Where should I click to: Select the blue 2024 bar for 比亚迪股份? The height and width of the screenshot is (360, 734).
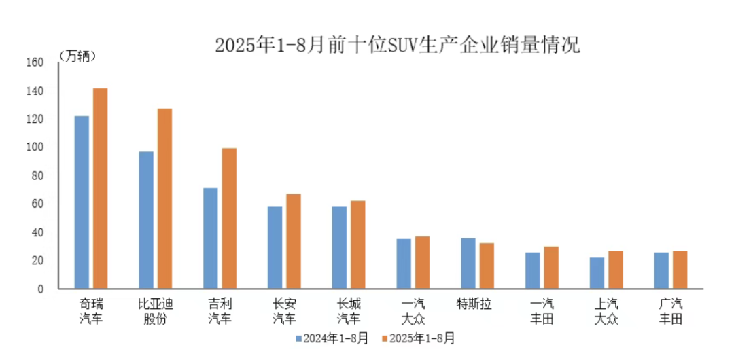[146, 220]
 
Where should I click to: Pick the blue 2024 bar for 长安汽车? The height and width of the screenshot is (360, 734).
[275, 247]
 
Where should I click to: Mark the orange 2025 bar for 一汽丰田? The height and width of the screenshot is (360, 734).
[551, 268]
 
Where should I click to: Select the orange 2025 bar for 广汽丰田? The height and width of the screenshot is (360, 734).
[680, 270]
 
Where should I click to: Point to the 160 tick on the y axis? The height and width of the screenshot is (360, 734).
[35, 62]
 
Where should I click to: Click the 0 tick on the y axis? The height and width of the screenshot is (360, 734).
[40, 289]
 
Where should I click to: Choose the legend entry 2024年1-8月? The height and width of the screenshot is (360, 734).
[331, 338]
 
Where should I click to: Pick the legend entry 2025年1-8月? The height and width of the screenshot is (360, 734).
[417, 338]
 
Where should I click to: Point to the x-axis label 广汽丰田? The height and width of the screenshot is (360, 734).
[670, 310]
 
